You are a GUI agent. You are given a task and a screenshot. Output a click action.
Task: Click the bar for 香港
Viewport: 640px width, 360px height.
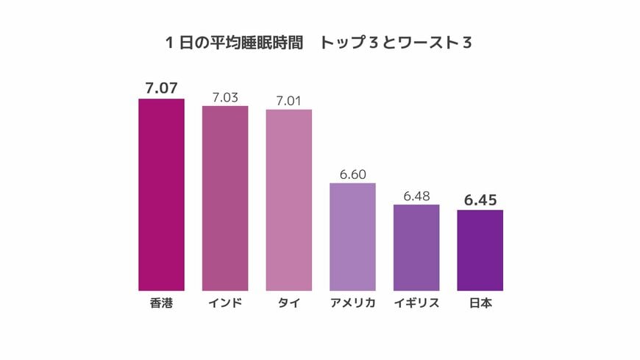161,195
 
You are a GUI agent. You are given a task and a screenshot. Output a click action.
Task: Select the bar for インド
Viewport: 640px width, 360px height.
225,199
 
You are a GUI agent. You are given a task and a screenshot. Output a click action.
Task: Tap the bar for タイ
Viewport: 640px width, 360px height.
289,200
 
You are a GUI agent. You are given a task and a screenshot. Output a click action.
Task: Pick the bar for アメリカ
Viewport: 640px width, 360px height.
352,237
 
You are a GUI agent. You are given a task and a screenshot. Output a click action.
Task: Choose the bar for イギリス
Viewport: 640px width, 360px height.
416,248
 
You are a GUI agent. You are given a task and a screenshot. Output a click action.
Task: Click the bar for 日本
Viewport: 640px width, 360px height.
480,250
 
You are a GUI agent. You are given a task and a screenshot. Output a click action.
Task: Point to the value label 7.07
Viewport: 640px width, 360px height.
161,88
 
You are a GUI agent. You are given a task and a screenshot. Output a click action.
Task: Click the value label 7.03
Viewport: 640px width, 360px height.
225,96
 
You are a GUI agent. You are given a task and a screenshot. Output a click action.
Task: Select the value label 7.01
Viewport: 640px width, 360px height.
289,99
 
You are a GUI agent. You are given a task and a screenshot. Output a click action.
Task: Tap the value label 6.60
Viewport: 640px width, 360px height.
352,173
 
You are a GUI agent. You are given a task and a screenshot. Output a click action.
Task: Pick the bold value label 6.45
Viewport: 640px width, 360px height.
480,200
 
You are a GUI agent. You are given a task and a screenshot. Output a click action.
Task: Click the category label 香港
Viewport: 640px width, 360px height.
161,303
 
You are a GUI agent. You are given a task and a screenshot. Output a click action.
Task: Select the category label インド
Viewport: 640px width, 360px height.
225,303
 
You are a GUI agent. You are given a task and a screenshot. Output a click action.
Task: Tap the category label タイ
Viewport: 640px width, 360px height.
289,303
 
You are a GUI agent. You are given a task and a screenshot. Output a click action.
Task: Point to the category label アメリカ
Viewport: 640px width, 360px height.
352,303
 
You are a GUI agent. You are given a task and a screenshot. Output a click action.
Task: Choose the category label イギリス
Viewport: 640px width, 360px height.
416,303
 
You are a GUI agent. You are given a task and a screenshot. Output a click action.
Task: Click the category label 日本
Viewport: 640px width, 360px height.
480,303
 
